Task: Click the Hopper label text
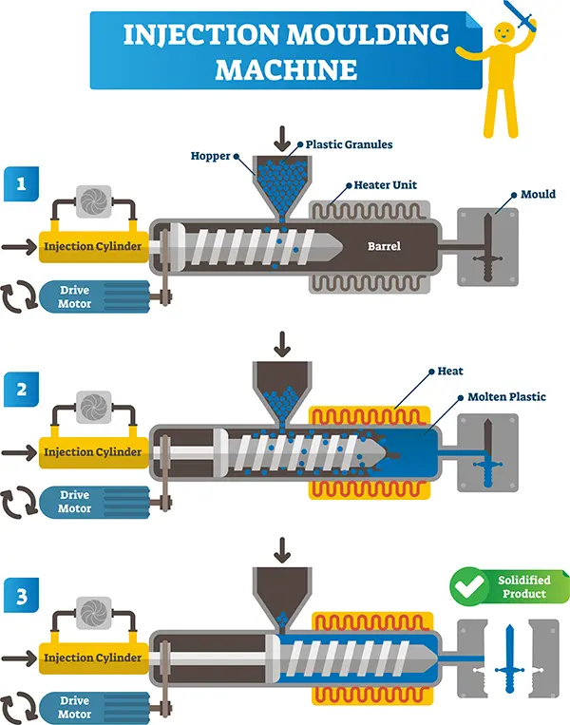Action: tap(212, 156)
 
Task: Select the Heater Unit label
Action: tap(385, 185)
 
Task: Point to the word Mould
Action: tap(538, 195)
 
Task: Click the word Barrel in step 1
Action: tap(385, 246)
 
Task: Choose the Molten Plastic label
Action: tap(506, 396)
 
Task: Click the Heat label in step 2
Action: tap(451, 372)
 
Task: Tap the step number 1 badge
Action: tap(21, 184)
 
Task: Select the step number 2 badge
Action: tap(21, 389)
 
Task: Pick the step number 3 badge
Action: tap(21, 597)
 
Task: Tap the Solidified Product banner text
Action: tap(524, 586)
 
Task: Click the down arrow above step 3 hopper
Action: tap(280, 550)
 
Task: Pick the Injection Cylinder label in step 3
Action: tap(92, 658)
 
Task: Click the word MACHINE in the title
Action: tap(286, 68)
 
